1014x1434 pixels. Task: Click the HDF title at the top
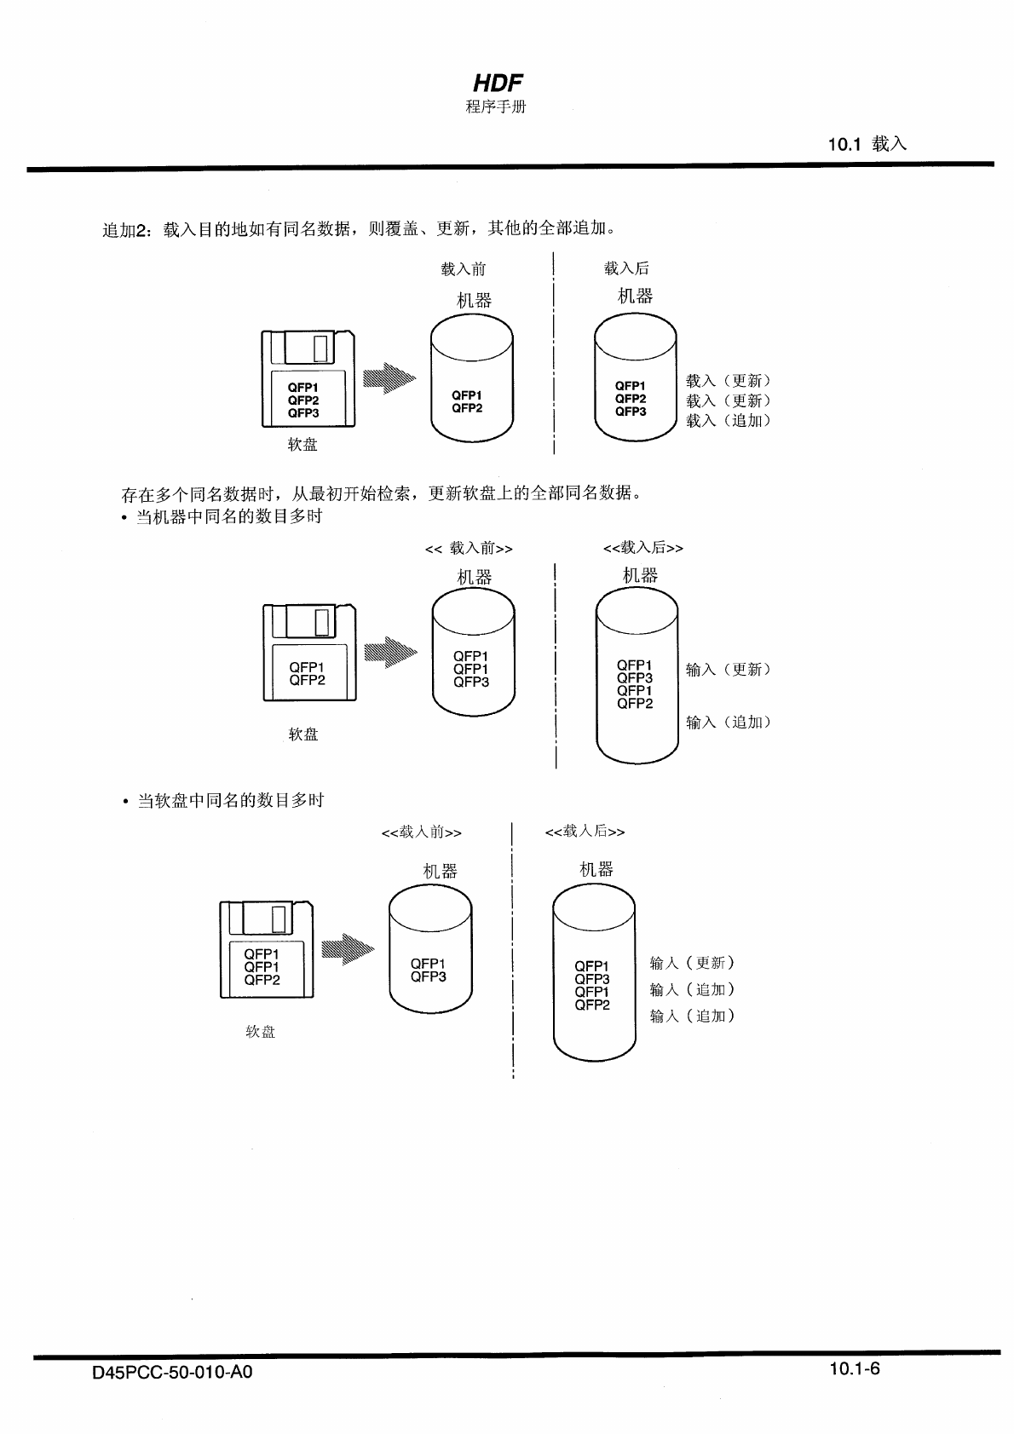coord(498,83)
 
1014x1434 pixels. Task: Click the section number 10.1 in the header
coord(844,144)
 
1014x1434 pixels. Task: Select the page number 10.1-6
coord(855,1369)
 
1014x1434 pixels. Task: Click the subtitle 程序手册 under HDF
coord(496,107)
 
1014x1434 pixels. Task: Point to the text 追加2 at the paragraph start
coord(125,229)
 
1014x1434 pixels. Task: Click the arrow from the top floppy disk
coord(389,377)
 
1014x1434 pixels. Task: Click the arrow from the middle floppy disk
coord(390,653)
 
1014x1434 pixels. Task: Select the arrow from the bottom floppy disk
coord(348,949)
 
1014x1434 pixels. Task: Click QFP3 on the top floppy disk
coord(303,413)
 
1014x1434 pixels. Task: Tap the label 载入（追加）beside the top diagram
coord(729,420)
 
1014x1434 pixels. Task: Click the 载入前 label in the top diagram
coord(464,269)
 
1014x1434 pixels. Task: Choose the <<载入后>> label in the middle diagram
coord(643,548)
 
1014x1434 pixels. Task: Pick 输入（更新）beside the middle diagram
coord(729,670)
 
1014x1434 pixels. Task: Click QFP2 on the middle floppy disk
coord(307,680)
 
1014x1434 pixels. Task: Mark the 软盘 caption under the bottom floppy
coord(261,1032)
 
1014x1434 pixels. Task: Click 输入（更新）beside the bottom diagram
coord(692,963)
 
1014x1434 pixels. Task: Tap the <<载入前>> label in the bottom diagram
coord(422,832)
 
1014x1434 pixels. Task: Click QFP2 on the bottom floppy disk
coord(262,980)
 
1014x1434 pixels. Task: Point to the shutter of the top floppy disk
coord(308,348)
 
